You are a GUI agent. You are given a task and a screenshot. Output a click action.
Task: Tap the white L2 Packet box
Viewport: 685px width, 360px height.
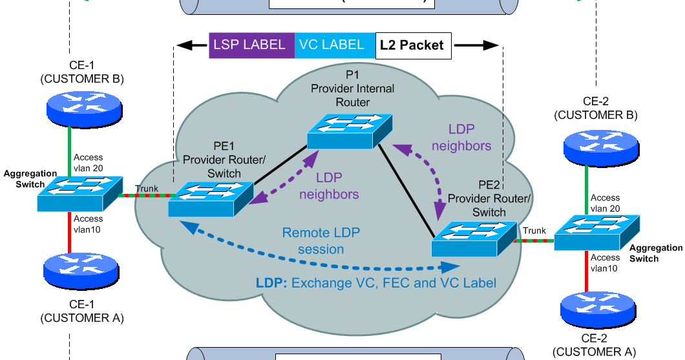click(412, 45)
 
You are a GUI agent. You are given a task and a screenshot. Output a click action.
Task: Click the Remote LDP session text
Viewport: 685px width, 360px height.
click(321, 240)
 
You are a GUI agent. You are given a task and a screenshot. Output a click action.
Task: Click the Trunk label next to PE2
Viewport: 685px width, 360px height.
click(534, 230)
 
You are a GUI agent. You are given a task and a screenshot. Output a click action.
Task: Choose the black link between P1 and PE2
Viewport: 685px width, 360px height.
click(406, 189)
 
